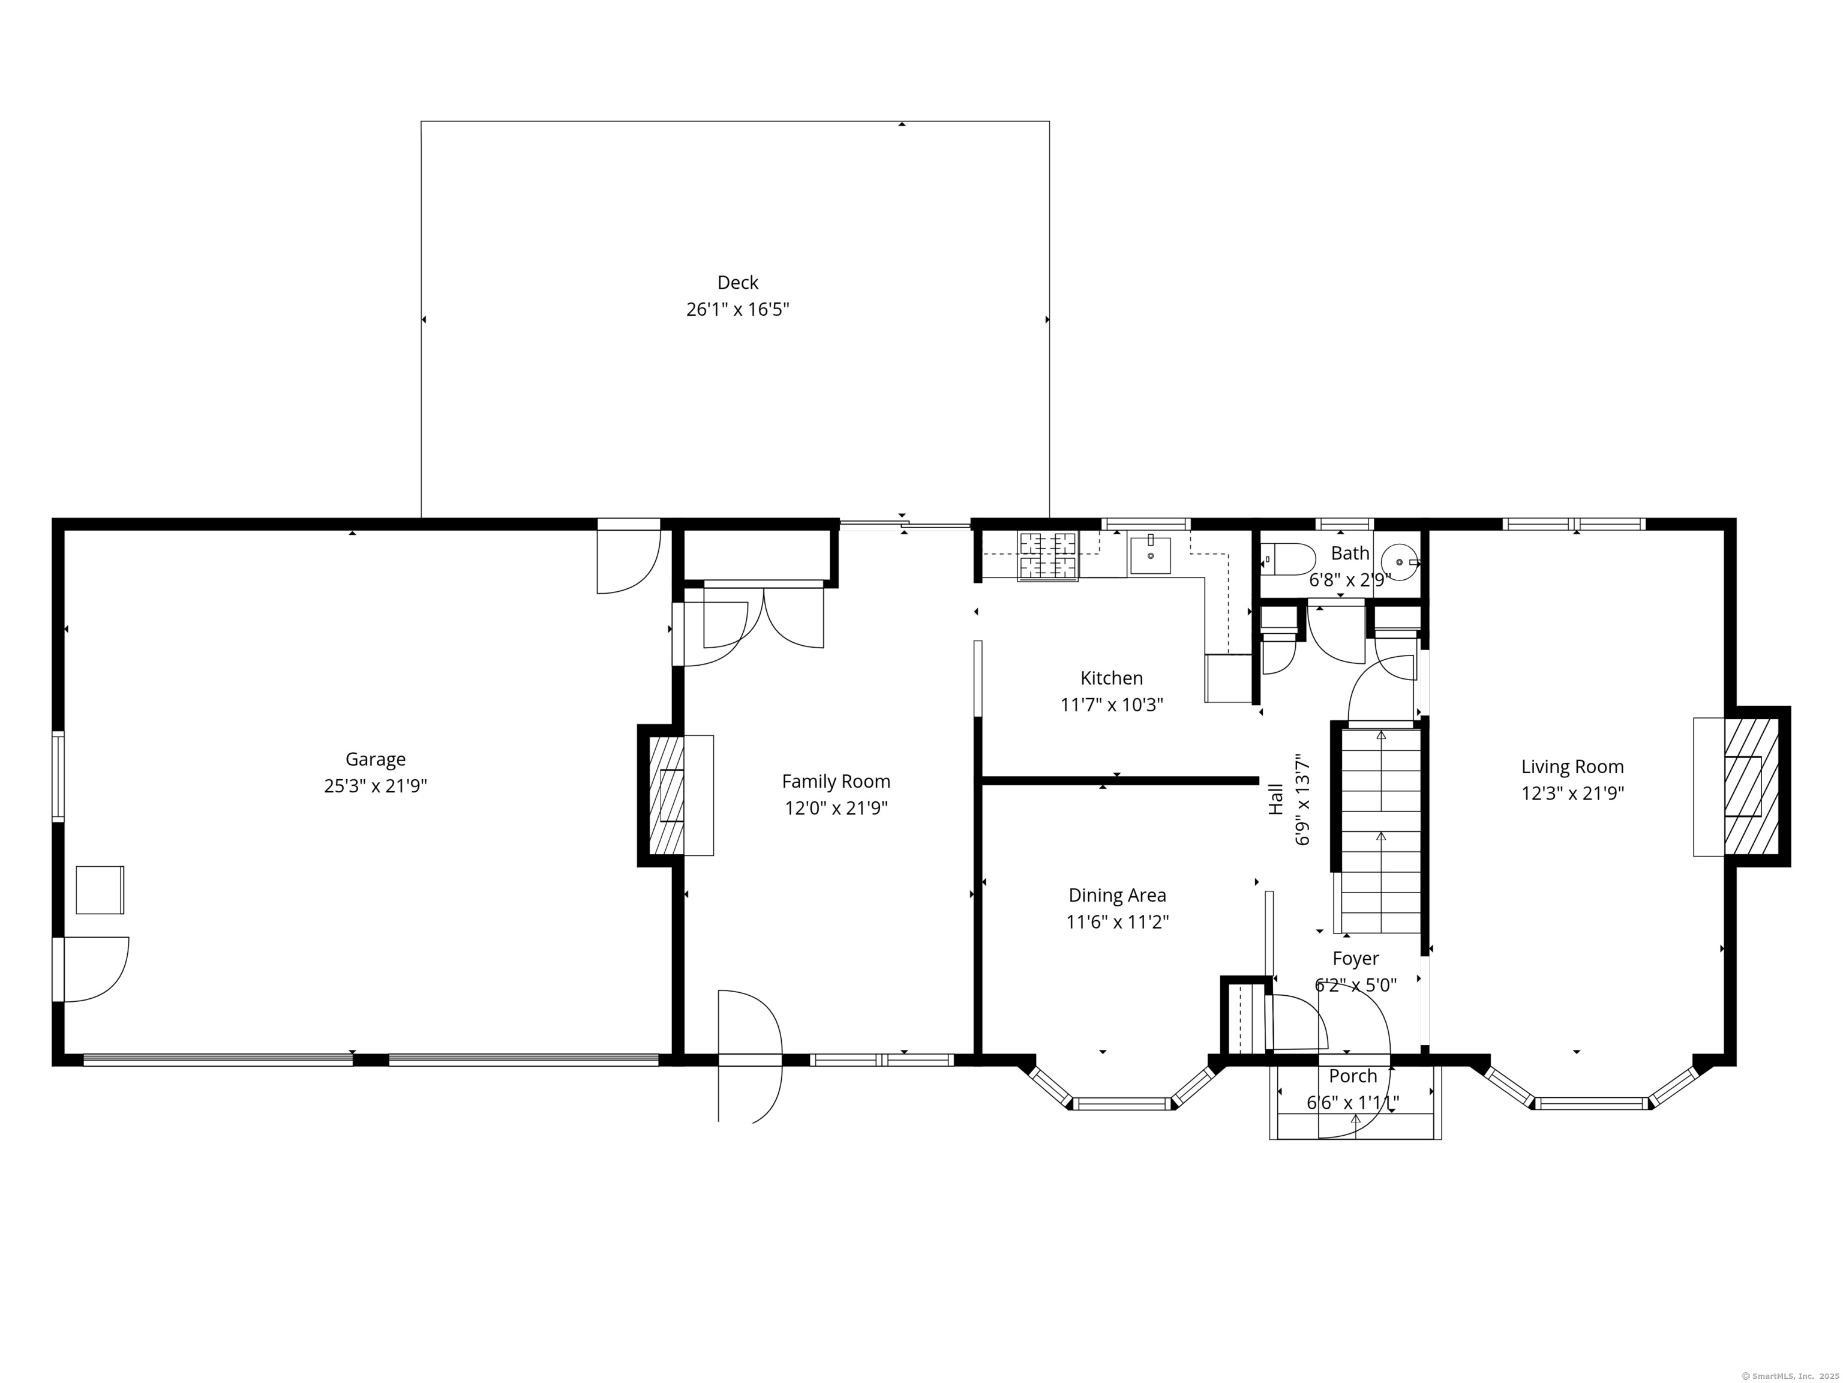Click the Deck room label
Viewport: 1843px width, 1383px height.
pyautogui.click(x=737, y=283)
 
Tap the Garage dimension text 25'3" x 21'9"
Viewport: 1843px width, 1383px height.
pyautogui.click(x=376, y=786)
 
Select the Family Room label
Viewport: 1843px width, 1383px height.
pyautogui.click(x=836, y=781)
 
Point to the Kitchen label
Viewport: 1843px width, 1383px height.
pyautogui.click(x=1112, y=678)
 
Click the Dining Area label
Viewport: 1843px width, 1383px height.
pyautogui.click(x=1117, y=896)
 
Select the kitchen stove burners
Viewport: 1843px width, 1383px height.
pyautogui.click(x=1047, y=556)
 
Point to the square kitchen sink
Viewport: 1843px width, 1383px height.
pyautogui.click(x=1150, y=556)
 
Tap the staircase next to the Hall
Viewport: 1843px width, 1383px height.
pyautogui.click(x=1380, y=831)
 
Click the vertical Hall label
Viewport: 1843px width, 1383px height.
pyautogui.click(x=1275, y=798)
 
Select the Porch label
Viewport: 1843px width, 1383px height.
pyautogui.click(x=1353, y=1076)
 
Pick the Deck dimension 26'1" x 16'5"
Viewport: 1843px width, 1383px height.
pyautogui.click(x=737, y=309)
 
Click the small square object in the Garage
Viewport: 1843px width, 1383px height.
pyautogui.click(x=100, y=890)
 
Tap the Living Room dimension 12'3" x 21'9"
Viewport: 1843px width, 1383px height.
pyautogui.click(x=1572, y=793)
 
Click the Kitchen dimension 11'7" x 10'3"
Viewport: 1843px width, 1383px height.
pyautogui.click(x=1112, y=705)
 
